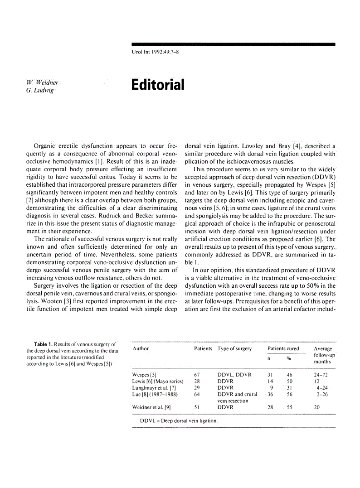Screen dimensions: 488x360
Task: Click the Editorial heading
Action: click(x=158, y=85)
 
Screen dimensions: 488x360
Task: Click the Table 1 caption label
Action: click(x=46, y=344)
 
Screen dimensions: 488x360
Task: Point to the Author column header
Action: click(x=141, y=348)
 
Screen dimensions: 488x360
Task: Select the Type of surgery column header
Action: click(x=234, y=348)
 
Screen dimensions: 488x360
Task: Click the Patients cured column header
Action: click(x=283, y=348)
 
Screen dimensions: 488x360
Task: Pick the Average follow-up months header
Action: click(x=323, y=355)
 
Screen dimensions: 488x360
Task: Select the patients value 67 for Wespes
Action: click(x=197, y=375)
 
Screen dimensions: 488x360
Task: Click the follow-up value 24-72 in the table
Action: click(x=321, y=375)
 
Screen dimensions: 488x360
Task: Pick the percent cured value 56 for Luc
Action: click(x=290, y=394)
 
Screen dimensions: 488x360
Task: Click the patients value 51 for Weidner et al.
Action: click(x=197, y=407)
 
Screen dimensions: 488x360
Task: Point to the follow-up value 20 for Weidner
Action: click(x=316, y=407)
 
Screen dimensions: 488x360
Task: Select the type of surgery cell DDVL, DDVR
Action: click(x=234, y=375)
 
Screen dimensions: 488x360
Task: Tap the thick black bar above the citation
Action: click(x=233, y=44)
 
